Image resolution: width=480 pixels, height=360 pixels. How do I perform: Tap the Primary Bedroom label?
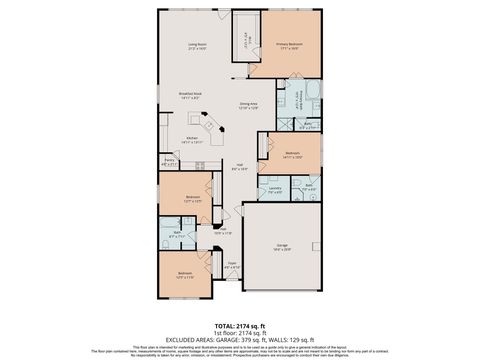pyautogui.click(x=289, y=45)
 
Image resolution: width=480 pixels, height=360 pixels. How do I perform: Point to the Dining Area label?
pyautogui.click(x=250, y=104)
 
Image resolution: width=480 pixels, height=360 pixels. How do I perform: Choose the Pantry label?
pyautogui.click(x=171, y=161)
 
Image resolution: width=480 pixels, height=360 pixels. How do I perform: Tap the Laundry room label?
pyautogui.click(x=273, y=188)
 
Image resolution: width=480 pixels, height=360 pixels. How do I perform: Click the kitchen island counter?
pyautogui.click(x=212, y=128)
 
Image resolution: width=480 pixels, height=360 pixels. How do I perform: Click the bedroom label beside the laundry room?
pyautogui.click(x=292, y=155)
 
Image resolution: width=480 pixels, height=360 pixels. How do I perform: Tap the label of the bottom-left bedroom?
pyautogui.click(x=185, y=275)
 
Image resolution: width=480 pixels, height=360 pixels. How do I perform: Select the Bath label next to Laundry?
pyautogui.click(x=309, y=186)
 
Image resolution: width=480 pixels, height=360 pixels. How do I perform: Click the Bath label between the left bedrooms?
pyautogui.click(x=177, y=235)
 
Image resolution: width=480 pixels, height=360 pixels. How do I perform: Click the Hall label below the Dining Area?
pyautogui.click(x=240, y=167)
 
